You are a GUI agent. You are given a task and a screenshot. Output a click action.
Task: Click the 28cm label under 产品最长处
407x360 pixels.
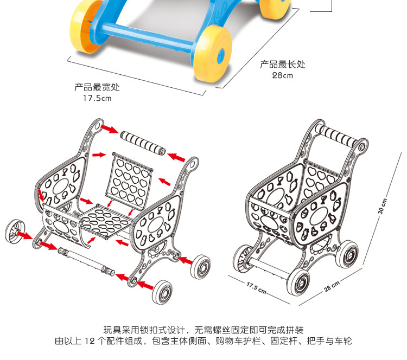(282, 75)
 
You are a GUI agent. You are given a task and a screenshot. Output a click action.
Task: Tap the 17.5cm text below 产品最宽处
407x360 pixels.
(97, 98)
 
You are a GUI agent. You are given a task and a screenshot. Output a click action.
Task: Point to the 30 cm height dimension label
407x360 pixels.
(382, 204)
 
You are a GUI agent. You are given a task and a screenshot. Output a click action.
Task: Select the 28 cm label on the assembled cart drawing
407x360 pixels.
(332, 286)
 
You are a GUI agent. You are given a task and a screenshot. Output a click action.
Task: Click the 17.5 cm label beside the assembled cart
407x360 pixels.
(256, 287)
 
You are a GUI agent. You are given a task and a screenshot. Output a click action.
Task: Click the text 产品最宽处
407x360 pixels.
(97, 87)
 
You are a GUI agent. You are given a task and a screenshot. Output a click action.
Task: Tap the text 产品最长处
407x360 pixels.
(282, 65)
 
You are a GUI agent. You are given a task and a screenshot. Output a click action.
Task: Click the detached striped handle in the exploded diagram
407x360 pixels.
(142, 143)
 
